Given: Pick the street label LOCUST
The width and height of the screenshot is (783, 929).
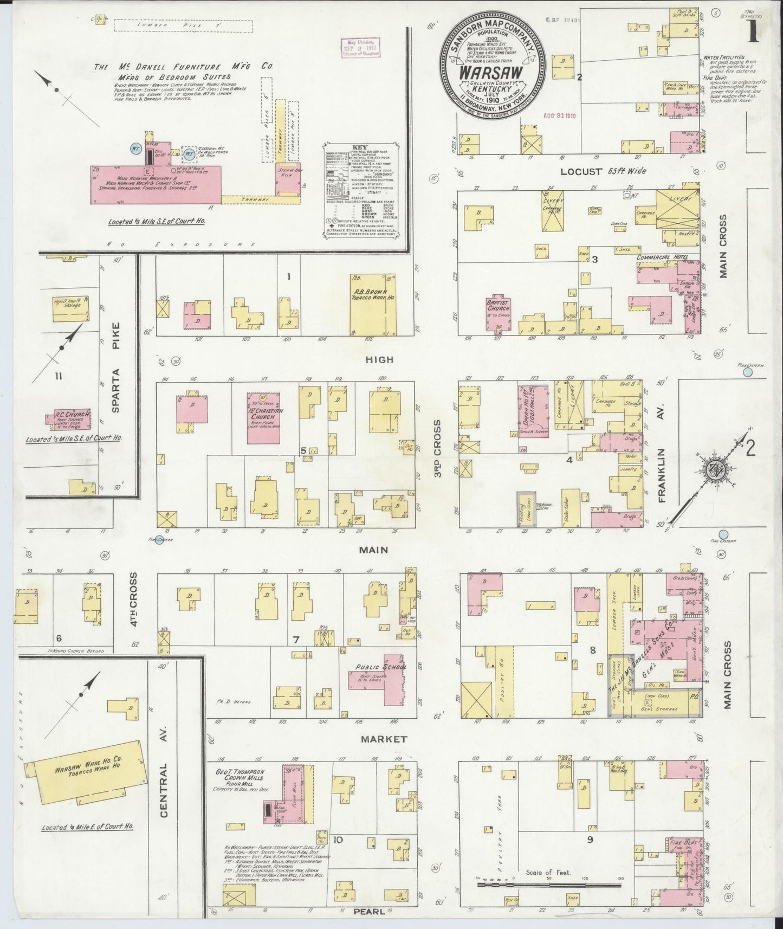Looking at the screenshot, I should coord(581,171).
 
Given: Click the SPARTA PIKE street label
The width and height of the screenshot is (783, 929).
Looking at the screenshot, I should coord(115,368).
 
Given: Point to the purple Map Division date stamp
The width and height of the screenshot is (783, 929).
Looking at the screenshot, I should coord(362,48).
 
